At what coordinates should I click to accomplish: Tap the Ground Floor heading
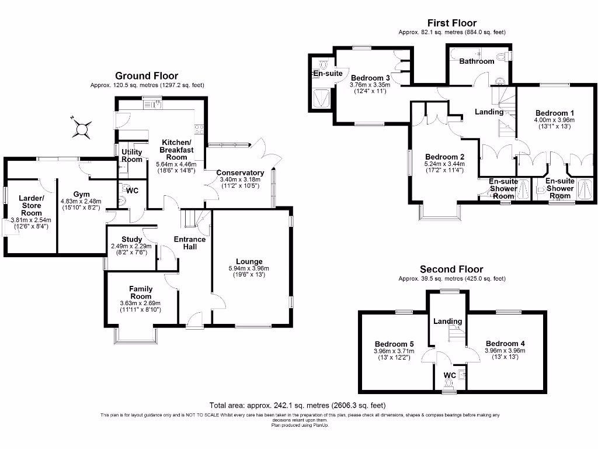[147, 76]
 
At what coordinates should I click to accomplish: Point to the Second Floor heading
[451, 270]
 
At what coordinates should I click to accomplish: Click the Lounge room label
[249, 261]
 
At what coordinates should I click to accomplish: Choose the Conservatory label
[240, 172]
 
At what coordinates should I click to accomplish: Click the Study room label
[132, 239]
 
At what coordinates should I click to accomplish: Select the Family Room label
[141, 292]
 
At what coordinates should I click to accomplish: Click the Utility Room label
[132, 156]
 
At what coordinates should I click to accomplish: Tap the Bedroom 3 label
[370, 78]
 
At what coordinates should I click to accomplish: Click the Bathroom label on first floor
[477, 61]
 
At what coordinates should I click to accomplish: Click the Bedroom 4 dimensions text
[505, 354]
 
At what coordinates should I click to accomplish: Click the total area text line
[298, 405]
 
